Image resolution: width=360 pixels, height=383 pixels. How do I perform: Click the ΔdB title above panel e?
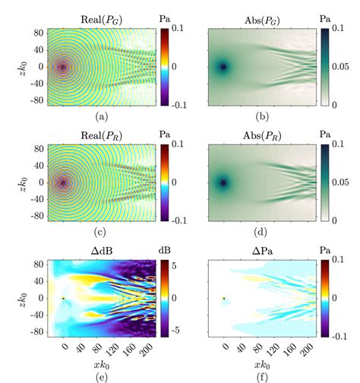point(103,252)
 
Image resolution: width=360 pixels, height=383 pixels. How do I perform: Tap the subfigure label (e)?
point(103,375)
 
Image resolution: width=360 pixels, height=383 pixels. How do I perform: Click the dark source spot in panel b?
point(223,67)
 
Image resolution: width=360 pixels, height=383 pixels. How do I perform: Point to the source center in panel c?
point(63,182)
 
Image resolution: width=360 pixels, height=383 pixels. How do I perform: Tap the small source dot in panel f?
point(223,299)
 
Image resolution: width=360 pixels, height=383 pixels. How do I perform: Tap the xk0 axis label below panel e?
point(103,359)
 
